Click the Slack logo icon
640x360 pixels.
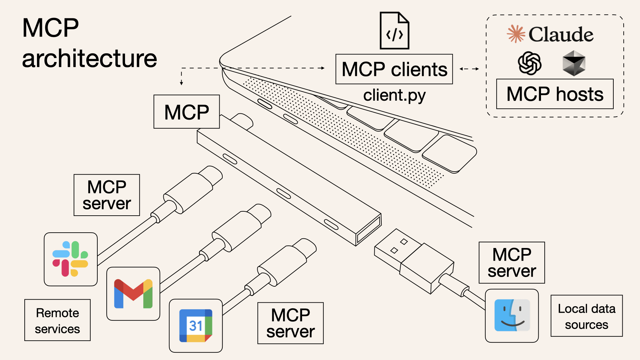[x=70, y=259]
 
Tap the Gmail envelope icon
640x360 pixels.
[x=133, y=294]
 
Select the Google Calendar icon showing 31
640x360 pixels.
[x=196, y=326]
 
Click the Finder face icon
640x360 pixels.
[x=512, y=315]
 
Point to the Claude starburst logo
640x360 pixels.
[x=516, y=34]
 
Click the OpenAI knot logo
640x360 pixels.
[x=529, y=63]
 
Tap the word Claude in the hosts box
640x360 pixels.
[x=561, y=34]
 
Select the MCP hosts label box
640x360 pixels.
[x=555, y=94]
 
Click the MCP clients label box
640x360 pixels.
[x=394, y=69]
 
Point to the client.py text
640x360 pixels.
[x=394, y=96]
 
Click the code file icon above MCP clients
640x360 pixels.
[x=394, y=31]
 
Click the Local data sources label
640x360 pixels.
[x=586, y=316]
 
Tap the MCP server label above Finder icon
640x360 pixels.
[x=512, y=263]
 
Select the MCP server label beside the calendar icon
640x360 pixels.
[x=290, y=323]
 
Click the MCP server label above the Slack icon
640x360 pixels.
[x=107, y=195]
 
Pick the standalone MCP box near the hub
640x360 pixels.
[x=186, y=112]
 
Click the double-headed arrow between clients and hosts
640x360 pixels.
[x=469, y=69]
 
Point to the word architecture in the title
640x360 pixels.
[x=89, y=59]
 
